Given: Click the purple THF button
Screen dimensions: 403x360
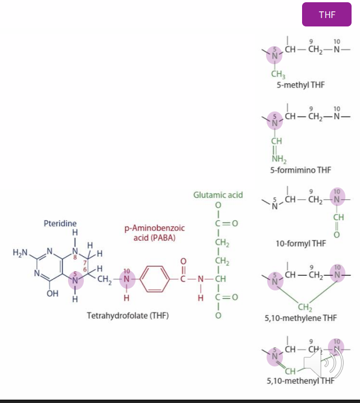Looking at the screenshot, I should tap(327, 15).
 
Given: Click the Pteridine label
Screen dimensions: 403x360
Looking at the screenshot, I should tap(60, 224).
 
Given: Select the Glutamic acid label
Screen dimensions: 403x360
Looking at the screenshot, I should tap(218, 195).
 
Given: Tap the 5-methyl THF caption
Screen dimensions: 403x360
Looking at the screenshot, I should tap(301, 85).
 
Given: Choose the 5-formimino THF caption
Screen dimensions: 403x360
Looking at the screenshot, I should tap(301, 169).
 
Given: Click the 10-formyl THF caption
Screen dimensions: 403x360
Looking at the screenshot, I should tap(301, 243).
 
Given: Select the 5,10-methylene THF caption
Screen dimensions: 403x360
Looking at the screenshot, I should tap(301, 318).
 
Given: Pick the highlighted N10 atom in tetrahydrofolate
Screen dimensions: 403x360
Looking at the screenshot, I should tap(127, 278).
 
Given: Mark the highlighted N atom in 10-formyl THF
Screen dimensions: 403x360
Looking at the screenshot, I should tap(337, 199).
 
